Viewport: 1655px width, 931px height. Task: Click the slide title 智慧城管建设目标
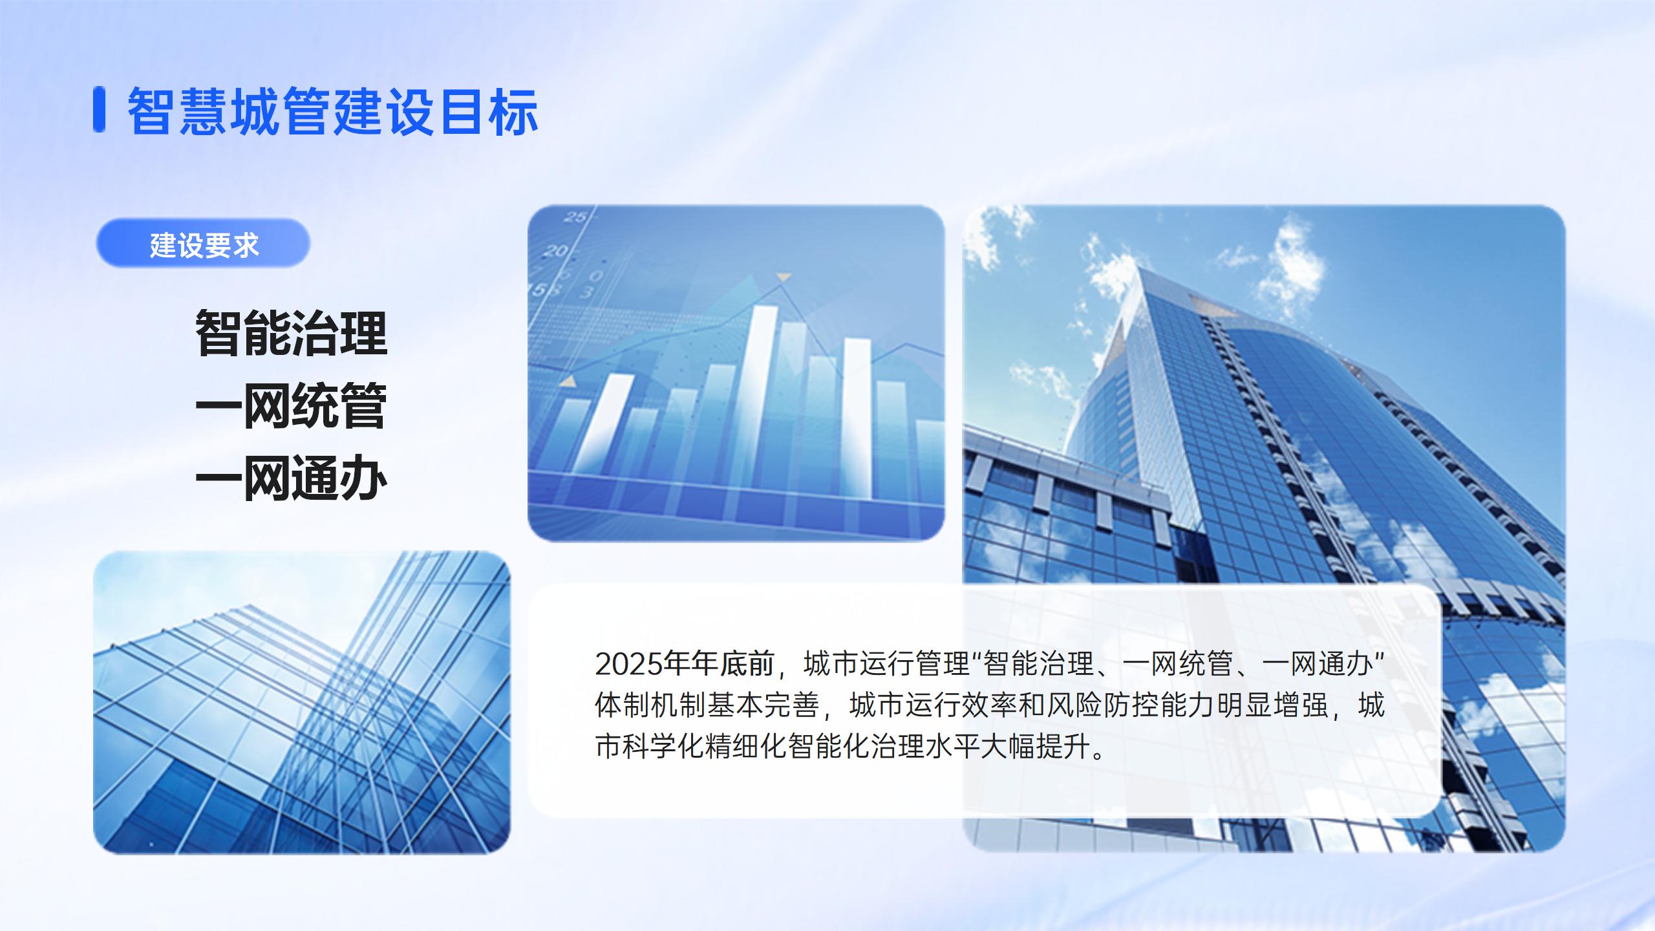click(333, 111)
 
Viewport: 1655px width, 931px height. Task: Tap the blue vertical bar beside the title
click(99, 109)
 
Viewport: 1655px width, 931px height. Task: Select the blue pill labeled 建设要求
click(203, 244)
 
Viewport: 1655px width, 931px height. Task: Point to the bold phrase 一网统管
click(291, 405)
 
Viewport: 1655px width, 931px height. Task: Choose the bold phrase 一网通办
click(291, 478)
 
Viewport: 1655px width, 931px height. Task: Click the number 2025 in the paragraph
click(630, 664)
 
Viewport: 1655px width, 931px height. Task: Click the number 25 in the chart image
click(575, 217)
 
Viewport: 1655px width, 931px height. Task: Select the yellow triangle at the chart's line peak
click(784, 277)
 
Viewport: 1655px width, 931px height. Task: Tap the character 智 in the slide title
click(153, 111)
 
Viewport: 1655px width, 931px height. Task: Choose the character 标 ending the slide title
click(513, 111)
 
